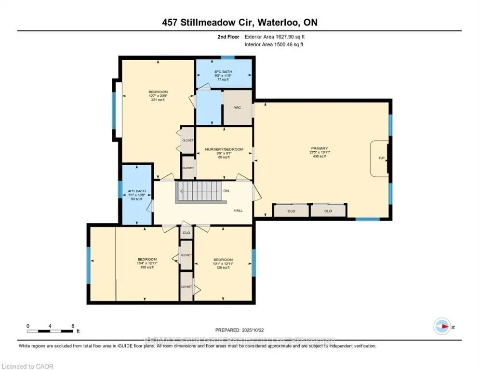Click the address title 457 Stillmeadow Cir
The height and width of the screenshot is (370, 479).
click(239, 23)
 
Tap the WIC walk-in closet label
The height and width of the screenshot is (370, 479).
click(238, 107)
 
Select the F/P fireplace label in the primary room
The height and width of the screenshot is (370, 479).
click(381, 158)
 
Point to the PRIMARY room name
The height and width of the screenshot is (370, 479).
click(319, 148)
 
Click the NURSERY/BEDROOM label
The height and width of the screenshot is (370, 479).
click(224, 149)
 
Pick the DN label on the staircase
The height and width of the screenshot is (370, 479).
click(226, 191)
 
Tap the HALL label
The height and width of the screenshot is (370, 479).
click(238, 210)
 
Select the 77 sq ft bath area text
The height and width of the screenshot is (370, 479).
click(223, 79)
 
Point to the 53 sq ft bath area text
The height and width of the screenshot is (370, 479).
click(137, 199)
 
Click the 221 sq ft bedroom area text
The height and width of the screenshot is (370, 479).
click(158, 100)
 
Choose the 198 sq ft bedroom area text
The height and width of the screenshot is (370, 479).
click(146, 267)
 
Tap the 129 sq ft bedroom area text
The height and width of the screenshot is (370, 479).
click(223, 267)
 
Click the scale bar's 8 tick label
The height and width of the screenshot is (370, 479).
click(73, 326)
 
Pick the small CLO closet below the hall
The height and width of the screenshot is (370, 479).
click(186, 233)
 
